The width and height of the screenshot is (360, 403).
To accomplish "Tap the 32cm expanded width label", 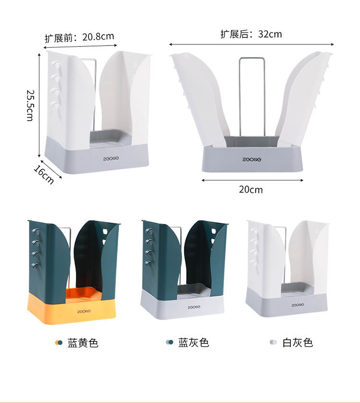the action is click(269, 34).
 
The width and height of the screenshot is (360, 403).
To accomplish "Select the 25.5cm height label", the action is click(30, 105).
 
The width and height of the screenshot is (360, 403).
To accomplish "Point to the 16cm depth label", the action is click(44, 174).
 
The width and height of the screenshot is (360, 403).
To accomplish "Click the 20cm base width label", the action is click(251, 189).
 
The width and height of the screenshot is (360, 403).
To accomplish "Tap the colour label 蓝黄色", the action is click(83, 342).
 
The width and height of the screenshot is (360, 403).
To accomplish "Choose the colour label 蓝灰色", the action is click(193, 342).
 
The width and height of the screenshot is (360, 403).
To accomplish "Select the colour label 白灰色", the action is click(297, 342).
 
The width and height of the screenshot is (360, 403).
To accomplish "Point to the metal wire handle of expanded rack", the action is click(251, 96).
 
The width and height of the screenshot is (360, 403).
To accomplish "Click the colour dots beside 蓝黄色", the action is click(59, 342).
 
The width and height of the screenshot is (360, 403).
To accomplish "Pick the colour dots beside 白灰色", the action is click(273, 342).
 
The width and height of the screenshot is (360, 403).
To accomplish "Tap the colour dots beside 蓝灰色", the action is click(169, 342).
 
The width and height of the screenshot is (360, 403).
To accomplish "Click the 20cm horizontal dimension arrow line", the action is click(252, 180).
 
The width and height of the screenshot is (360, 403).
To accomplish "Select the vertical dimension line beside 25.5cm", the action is click(39, 105).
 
